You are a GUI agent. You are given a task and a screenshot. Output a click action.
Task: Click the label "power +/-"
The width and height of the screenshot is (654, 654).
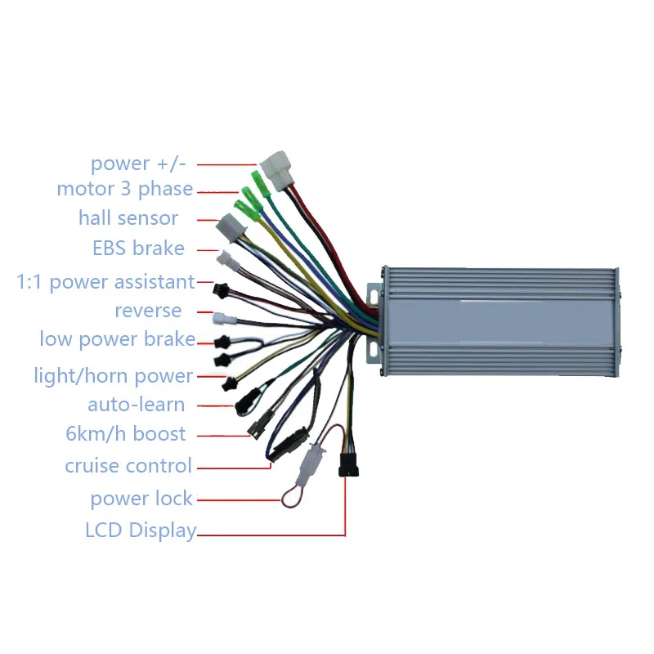click(x=138, y=163)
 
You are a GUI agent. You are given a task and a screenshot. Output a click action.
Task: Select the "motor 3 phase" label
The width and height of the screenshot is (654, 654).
click(x=125, y=189)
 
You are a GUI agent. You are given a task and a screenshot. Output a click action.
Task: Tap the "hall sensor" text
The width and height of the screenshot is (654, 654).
click(x=128, y=218)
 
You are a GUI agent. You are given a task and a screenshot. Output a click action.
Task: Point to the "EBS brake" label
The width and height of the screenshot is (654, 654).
click(x=138, y=249)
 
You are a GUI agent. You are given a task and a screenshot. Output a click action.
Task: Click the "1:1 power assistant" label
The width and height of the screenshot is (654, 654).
click(x=105, y=282)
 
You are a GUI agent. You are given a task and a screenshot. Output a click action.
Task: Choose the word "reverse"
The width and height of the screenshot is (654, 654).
click(x=148, y=311)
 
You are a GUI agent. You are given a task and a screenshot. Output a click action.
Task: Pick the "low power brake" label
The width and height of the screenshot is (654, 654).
click(x=118, y=339)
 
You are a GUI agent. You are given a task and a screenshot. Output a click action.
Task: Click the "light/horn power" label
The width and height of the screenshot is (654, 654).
click(x=114, y=376)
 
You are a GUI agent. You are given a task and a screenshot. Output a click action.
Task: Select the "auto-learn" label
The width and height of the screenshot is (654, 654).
click(x=137, y=405)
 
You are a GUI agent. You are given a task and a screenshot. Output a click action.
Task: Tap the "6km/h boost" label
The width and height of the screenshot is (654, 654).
click(x=126, y=434)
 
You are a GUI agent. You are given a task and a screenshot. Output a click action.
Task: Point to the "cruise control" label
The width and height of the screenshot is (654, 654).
click(x=128, y=465)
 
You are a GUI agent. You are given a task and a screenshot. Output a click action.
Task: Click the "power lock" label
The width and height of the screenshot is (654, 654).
click(x=141, y=499)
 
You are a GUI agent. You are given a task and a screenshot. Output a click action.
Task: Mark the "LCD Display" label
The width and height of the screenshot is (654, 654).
click(x=141, y=531)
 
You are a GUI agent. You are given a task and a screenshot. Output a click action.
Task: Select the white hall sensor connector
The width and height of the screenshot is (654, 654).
click(x=231, y=228)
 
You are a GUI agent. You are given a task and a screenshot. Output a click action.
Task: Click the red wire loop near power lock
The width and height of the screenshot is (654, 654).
click(x=291, y=498)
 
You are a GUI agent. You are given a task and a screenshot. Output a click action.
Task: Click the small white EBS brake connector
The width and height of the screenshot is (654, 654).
click(x=228, y=261)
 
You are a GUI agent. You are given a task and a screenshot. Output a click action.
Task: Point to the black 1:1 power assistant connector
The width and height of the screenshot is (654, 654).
click(x=221, y=290)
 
